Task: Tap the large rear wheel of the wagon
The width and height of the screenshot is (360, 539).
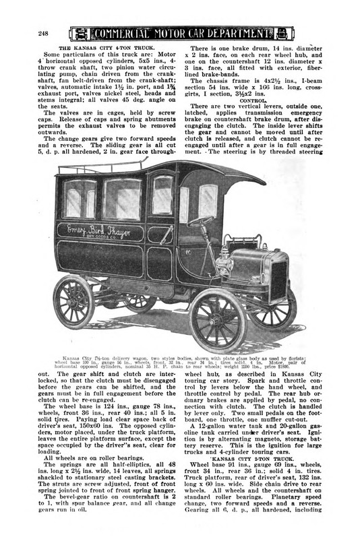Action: [x=73, y=302]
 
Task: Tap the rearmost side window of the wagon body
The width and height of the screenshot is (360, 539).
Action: [x=73, y=202]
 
